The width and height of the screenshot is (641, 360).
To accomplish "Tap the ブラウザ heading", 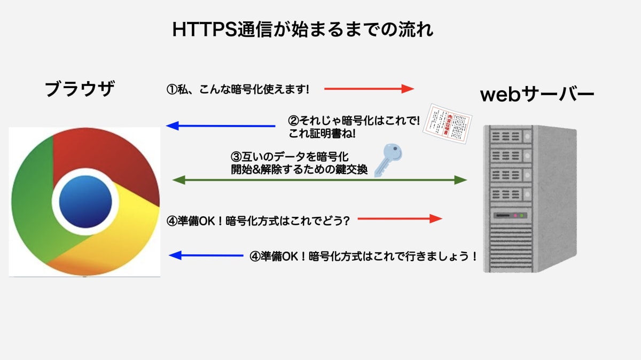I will click(x=80, y=89).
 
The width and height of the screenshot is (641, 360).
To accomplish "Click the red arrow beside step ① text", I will click(x=369, y=89).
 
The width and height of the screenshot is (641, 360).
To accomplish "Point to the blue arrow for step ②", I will click(x=220, y=126).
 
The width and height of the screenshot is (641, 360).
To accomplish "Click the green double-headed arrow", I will click(x=319, y=180).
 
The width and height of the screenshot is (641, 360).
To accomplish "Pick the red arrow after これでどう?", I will click(x=400, y=218).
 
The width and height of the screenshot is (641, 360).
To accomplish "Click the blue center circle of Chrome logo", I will click(x=85, y=201).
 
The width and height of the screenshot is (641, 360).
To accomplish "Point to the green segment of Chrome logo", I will click(x=37, y=208).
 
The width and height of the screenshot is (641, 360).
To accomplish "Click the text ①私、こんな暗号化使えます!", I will click(x=238, y=89).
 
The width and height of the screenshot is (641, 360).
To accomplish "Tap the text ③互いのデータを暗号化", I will click(x=290, y=157).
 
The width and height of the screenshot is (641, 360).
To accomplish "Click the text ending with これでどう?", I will click(x=259, y=220).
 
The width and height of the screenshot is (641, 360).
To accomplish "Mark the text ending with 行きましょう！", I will click(x=363, y=256).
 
